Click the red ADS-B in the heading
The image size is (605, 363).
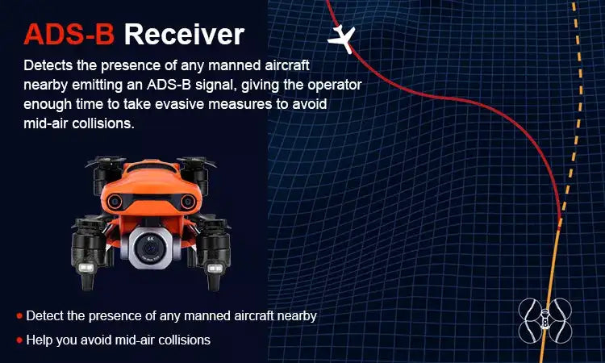pos(69,35)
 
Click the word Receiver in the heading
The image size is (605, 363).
pos(184,35)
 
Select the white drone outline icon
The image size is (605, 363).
pos(544,320)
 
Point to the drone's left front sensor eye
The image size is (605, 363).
pos(115,202)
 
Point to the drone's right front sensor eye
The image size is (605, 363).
pos(187,202)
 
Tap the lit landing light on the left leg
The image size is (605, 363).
pos(86,267)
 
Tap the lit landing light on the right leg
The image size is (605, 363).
pos(215,268)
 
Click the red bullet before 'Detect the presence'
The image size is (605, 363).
pos(19,316)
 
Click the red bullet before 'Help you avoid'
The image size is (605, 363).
pos(19,340)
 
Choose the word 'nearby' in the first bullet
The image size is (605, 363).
pos(297,316)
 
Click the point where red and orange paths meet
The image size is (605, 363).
pos(561,220)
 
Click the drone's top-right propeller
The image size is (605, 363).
pos(196,161)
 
